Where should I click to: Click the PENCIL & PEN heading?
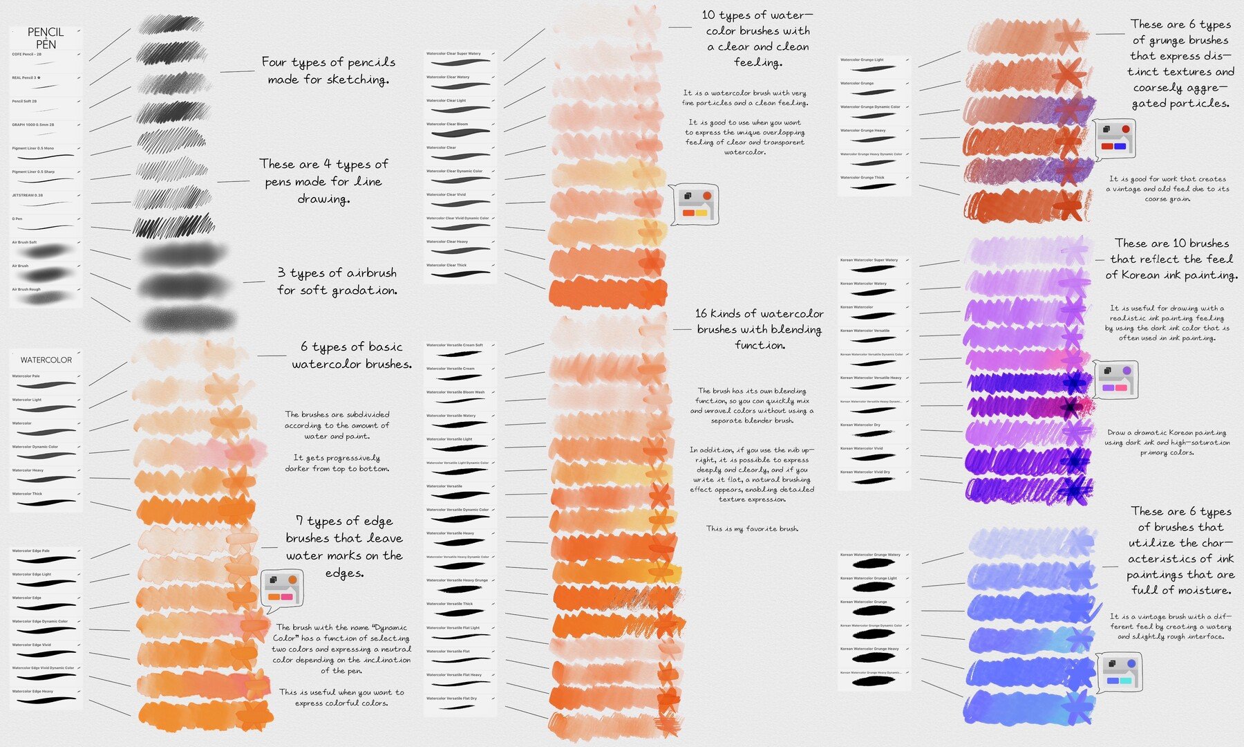pos(46,38)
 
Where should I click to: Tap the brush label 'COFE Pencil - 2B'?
pos(27,54)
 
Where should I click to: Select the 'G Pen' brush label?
pos(17,219)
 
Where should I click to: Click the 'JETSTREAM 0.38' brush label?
pos(28,195)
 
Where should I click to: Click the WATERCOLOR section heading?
pos(46,360)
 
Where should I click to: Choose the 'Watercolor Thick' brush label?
pos(27,494)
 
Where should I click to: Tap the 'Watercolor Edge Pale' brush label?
pos(31,551)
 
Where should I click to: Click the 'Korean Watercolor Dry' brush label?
pos(860,425)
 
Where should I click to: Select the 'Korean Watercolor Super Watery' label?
pos(869,260)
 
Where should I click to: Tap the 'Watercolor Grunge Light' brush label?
pos(862,59)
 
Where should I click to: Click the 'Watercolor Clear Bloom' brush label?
pos(447,124)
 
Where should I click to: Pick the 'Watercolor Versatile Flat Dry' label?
pos(451,699)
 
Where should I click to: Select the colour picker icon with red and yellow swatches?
pos(695,204)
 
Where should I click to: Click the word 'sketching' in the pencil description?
pos(357,80)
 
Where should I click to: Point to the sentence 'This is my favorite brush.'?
pos(752,529)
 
